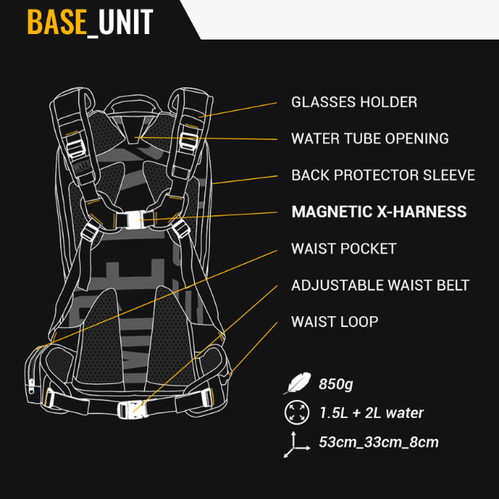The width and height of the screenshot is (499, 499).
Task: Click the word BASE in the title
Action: tap(56, 22)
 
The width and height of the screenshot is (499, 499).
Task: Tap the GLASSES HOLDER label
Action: tap(353, 102)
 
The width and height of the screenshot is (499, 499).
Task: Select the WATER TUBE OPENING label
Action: tap(369, 139)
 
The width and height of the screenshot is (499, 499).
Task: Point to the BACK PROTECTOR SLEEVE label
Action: tap(383, 175)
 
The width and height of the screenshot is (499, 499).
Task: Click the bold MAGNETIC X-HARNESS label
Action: tap(379, 211)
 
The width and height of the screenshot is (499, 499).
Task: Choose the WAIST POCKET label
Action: tap(343, 249)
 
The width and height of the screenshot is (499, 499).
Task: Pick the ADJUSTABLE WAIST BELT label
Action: tap(380, 285)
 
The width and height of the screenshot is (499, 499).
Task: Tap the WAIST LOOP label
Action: tap(334, 322)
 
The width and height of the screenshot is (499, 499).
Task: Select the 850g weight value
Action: tap(335, 384)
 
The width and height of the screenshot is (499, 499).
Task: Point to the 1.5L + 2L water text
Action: tap(371, 413)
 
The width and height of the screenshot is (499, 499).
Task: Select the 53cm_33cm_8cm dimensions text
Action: tap(378, 442)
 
